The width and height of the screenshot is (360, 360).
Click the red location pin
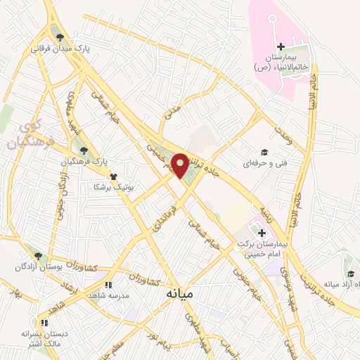(181, 165)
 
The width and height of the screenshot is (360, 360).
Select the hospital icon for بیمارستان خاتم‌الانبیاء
(281, 47)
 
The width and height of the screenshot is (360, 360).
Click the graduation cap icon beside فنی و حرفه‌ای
(264, 152)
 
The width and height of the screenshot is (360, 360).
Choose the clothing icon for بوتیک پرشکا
(113, 176)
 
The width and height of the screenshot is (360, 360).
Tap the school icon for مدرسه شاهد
(108, 285)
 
